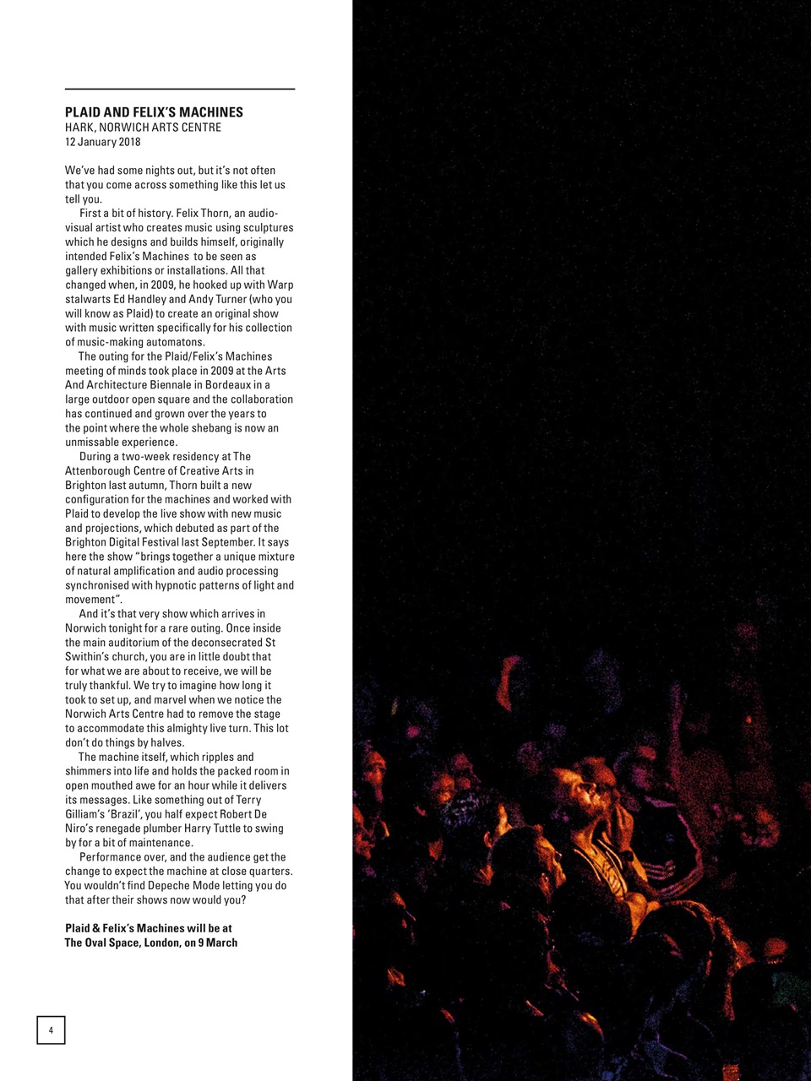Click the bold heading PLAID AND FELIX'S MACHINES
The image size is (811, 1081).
tap(154, 112)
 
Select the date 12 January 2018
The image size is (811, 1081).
tap(103, 142)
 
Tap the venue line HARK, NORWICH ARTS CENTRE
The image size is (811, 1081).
tap(143, 128)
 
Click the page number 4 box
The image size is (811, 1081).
tap(51, 1029)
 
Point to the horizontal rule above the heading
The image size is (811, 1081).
tap(179, 89)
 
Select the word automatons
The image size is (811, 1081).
tap(177, 342)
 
